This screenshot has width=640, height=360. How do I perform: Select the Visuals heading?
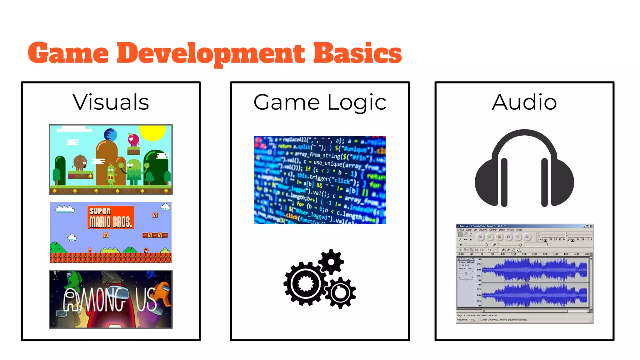tap(111, 102)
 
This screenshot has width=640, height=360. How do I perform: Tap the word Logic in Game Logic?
tap(357, 102)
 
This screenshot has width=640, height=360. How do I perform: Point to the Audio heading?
tap(524, 102)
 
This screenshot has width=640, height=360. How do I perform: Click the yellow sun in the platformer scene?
tap(152, 133)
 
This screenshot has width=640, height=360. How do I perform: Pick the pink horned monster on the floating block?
tap(133, 139)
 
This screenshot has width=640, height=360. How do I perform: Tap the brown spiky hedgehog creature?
tap(80, 162)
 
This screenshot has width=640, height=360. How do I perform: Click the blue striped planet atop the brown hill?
tap(110, 135)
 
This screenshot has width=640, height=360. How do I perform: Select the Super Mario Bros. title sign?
tap(111, 217)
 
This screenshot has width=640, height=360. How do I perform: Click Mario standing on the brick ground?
tap(90, 250)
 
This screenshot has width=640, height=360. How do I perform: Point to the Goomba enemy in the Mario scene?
tap(146, 250)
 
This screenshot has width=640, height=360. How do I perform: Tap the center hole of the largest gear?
tap(305, 284)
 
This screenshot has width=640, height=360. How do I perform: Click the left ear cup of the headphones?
tap(489, 183)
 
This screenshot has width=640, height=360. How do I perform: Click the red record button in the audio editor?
tap(499, 237)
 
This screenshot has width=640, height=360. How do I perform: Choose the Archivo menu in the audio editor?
tap(461, 230)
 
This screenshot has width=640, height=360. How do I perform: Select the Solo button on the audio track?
tap(470, 268)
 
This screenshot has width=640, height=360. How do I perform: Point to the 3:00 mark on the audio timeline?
tap(545, 254)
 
